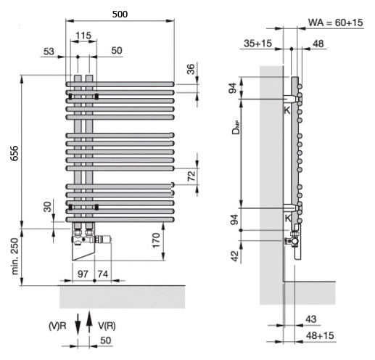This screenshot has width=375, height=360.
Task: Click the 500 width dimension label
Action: [x=120, y=15]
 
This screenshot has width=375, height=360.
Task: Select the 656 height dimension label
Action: [x=15, y=153]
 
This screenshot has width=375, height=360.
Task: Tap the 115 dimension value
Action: [x=83, y=36]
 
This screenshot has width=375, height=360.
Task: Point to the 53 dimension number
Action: [x=49, y=52]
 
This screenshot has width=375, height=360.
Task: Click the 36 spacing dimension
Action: [x=191, y=69]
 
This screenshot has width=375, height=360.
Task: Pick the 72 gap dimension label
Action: [x=191, y=176]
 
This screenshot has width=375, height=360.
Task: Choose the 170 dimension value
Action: [x=156, y=240]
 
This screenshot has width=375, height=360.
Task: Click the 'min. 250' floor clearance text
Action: [x=15, y=256]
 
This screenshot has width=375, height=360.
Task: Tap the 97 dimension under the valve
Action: [x=83, y=274]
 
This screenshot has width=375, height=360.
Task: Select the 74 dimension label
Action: [x=103, y=274]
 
